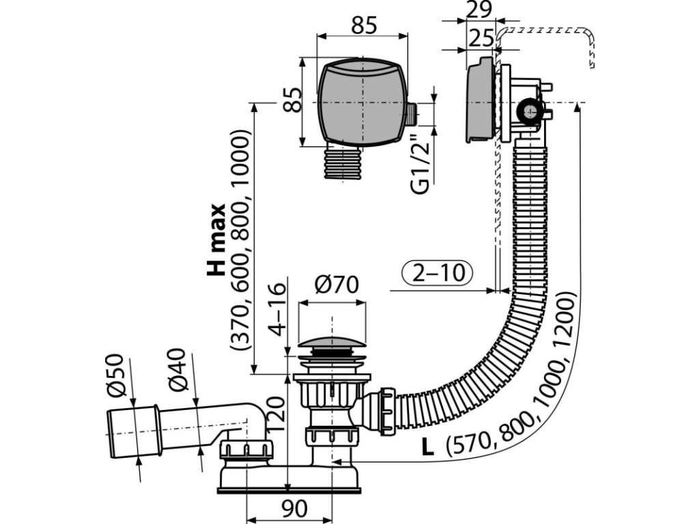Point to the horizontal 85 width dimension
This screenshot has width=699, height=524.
click(365, 26)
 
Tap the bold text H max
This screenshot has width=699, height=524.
click(217, 239)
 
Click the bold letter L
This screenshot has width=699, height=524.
click(427, 448)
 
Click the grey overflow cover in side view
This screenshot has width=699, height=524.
click(479, 101)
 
